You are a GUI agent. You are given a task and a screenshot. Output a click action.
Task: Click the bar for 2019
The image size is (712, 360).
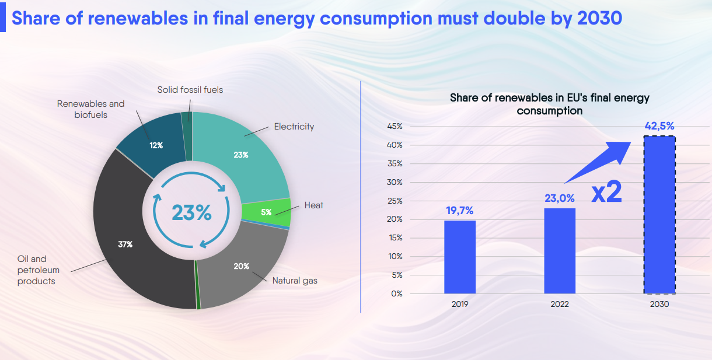click(459, 257)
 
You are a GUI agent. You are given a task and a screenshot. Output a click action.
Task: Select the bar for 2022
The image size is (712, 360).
click(559, 251)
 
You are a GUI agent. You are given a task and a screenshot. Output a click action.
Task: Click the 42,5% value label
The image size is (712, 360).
click(659, 125)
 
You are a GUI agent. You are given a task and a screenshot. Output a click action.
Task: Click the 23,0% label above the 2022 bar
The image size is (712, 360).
click(559, 198)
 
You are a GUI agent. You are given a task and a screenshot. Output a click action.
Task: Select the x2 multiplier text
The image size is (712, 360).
click(606, 193)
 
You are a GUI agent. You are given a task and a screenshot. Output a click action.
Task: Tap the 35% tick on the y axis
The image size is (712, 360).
click(395, 163)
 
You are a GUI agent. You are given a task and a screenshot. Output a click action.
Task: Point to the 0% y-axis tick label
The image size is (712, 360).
click(397, 293)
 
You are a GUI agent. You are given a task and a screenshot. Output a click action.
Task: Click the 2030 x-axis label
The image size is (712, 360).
click(659, 304)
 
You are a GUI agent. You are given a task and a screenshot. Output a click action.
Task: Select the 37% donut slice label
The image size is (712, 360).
click(125, 244)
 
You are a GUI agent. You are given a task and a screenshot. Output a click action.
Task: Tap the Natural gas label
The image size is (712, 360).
click(295, 281)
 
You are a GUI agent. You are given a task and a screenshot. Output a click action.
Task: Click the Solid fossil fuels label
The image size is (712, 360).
click(190, 90)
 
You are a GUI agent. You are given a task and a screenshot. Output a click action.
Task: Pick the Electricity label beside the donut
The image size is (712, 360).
click(294, 127)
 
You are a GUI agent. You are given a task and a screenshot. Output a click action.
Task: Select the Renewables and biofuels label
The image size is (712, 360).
click(90, 109)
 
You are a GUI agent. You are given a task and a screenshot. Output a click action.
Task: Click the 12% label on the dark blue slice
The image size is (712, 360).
click(156, 145)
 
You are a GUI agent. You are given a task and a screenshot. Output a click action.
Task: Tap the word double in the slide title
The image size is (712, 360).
click(524, 18)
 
